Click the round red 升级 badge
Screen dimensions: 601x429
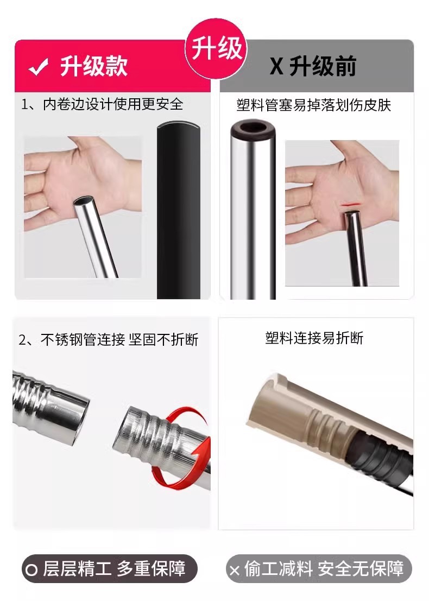[x=216, y=48]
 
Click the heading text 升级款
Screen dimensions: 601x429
[x=93, y=67]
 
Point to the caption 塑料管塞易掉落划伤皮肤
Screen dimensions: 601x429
[x=313, y=104]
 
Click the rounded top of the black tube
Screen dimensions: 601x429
[x=179, y=130]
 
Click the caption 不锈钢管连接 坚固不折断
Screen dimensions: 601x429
[x=109, y=340]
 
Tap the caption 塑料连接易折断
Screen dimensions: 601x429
[x=314, y=338]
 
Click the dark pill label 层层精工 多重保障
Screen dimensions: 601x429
[x=109, y=568]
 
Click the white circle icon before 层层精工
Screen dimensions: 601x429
[x=32, y=570]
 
